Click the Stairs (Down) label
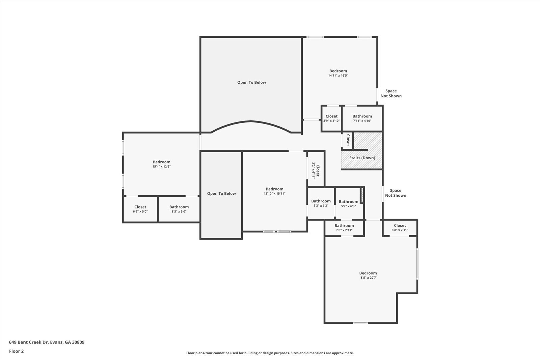tap(362, 158)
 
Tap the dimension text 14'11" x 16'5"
tap(338, 76)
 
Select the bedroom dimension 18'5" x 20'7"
tap(368, 278)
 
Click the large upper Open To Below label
tap(251, 82)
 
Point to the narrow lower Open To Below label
tap(221, 193)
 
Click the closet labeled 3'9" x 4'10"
tap(331, 118)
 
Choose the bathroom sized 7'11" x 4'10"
tap(362, 118)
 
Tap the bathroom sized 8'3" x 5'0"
tap(179, 209)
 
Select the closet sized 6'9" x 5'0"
tap(140, 209)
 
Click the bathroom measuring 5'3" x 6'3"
tap(321, 203)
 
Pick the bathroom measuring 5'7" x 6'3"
tap(348, 203)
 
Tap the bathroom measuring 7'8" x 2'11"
tap(344, 228)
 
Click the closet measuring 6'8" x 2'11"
tap(400, 228)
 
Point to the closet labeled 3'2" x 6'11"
tap(316, 170)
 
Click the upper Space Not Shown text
tap(391, 93)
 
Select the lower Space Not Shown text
tap(396, 193)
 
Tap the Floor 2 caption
tap(16, 351)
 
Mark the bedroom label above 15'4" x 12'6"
tap(161, 162)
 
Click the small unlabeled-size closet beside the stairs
tap(347, 140)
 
